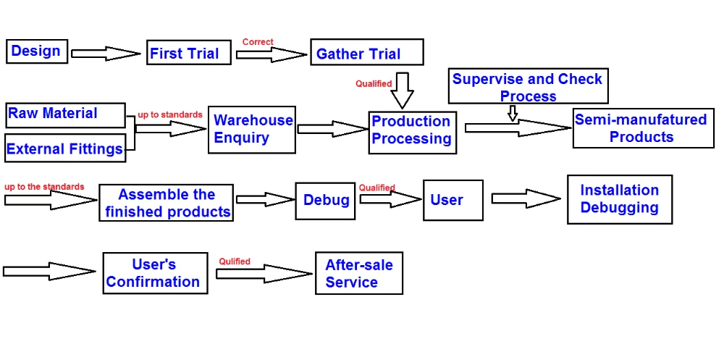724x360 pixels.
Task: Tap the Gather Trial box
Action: (x=367, y=54)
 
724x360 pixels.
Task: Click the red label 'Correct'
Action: (x=258, y=42)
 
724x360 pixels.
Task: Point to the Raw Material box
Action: (x=65, y=114)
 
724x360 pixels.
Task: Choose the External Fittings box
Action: (x=65, y=148)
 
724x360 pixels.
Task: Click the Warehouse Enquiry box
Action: (x=252, y=130)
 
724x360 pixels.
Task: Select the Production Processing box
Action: (x=413, y=132)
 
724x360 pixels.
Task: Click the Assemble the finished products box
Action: (x=167, y=203)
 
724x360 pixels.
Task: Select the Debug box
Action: (x=326, y=200)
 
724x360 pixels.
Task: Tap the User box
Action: (x=453, y=200)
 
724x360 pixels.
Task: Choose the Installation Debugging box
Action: (x=620, y=199)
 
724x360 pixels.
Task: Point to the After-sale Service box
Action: (x=358, y=273)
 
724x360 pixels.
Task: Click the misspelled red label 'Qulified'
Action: (x=235, y=261)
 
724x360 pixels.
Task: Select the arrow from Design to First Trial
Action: (x=106, y=53)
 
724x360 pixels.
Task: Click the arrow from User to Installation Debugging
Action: (x=526, y=198)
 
